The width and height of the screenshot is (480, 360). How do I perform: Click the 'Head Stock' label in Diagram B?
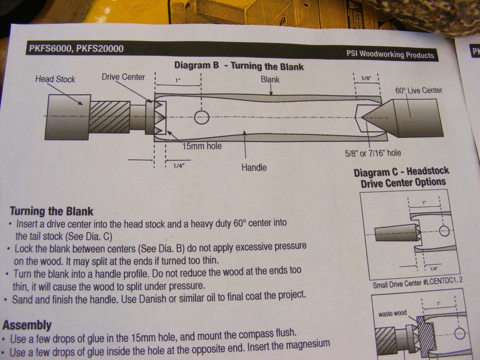[x=55, y=79]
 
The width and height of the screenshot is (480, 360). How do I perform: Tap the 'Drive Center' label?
[x=123, y=77]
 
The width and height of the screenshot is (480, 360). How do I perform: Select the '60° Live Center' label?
[x=419, y=90]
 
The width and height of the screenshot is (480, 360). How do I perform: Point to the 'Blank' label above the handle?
[x=270, y=79]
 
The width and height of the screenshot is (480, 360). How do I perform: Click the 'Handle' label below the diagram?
[x=254, y=167]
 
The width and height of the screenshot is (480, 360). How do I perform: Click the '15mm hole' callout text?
[x=202, y=146]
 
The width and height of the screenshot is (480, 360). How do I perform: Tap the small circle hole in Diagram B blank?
[x=202, y=117]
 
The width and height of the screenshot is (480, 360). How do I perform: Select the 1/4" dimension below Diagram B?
[x=179, y=165]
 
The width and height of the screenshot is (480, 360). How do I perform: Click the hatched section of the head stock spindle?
[x=110, y=117]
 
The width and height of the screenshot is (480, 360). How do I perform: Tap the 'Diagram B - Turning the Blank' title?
[x=239, y=66]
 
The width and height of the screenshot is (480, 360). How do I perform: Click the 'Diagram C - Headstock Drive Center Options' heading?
[x=401, y=177]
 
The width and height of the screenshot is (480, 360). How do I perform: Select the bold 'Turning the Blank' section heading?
[x=52, y=211]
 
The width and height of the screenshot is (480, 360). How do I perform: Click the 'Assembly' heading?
[x=27, y=324]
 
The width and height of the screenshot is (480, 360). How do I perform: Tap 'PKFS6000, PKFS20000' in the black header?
[x=76, y=48]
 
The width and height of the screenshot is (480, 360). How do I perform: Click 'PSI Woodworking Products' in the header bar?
[x=390, y=54]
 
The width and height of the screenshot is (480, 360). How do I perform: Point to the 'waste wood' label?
[x=392, y=314]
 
